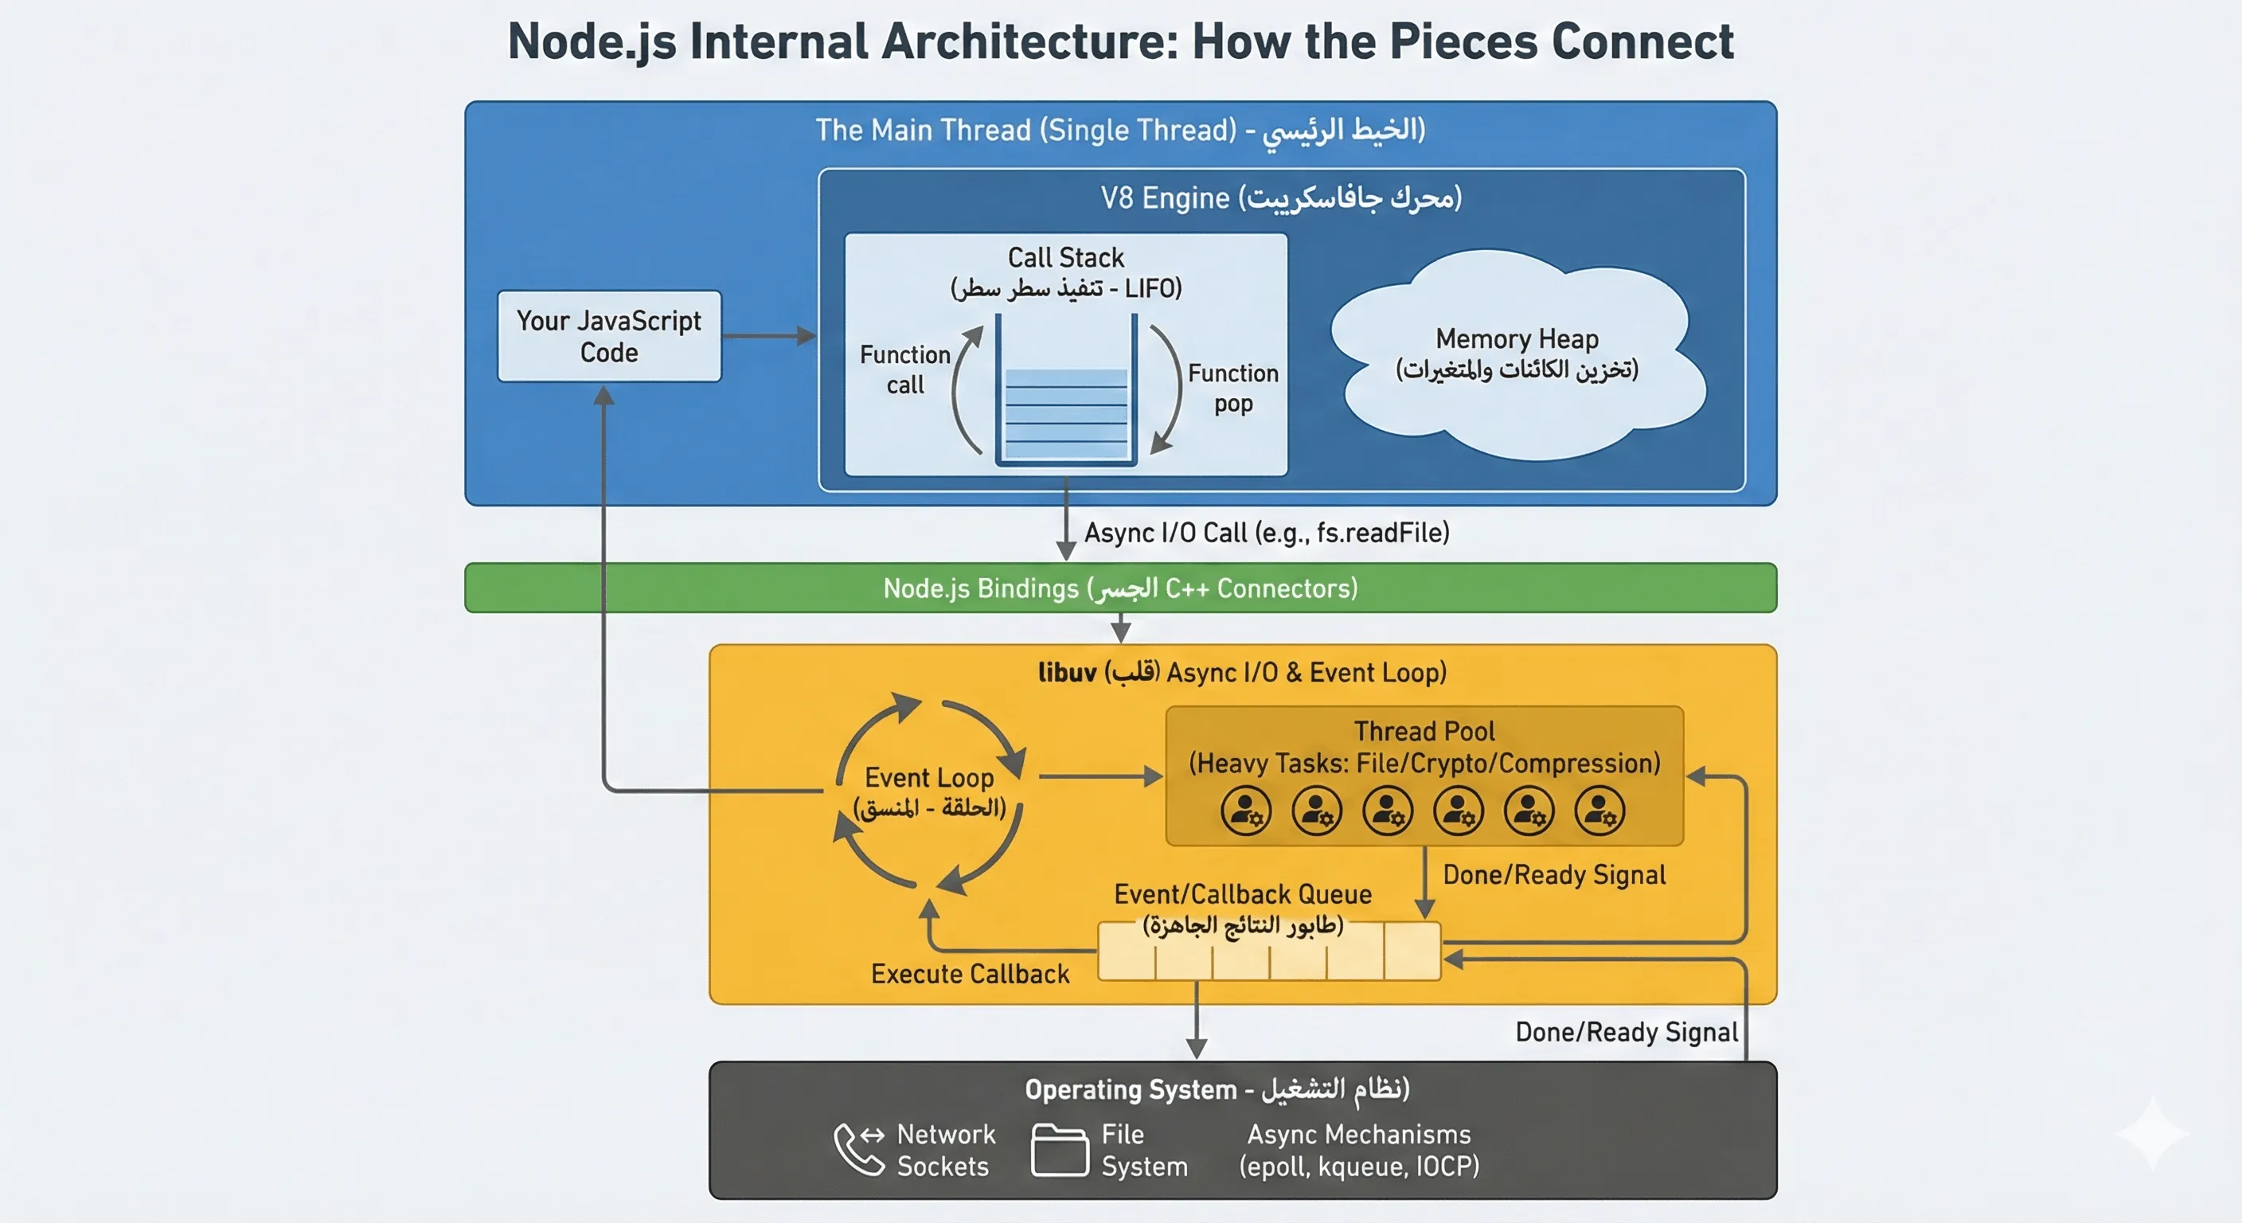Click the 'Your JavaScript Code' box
(x=609, y=336)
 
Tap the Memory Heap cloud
(x=1516, y=355)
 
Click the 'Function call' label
(x=904, y=370)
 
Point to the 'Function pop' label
(x=1232, y=389)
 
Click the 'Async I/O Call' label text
(x=1267, y=533)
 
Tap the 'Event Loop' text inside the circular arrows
(x=928, y=777)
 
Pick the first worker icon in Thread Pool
(x=1245, y=811)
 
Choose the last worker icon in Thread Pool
(x=1599, y=811)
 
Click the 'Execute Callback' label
(x=970, y=974)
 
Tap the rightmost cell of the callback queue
(x=1412, y=951)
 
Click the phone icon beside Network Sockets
(x=857, y=1149)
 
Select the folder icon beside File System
(x=1058, y=1150)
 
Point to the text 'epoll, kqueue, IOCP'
(x=1358, y=1166)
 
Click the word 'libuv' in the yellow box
(x=1066, y=673)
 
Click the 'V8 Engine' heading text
(x=1164, y=198)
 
